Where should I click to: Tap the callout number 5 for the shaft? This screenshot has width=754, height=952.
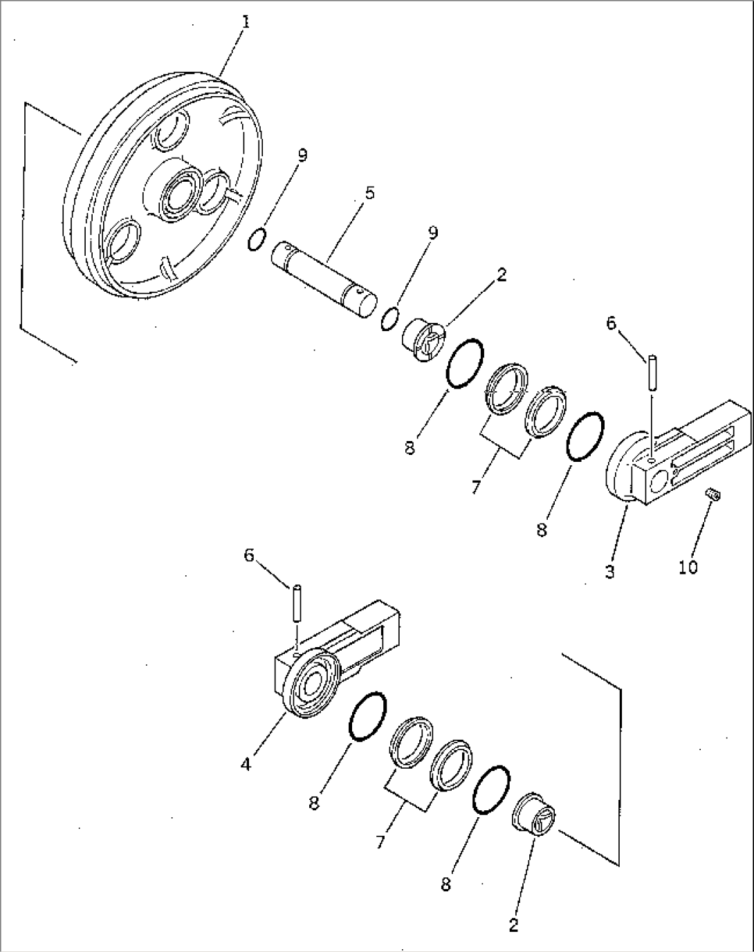point(369,193)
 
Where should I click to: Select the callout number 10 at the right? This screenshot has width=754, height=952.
point(688,567)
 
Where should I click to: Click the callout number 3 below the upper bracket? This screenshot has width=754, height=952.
point(609,572)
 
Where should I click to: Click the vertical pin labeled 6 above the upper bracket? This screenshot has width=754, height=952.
point(652,371)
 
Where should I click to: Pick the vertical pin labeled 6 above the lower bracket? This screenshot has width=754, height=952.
point(295,604)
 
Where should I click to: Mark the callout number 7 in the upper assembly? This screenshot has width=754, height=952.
point(475,487)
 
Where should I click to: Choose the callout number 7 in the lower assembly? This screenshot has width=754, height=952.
point(380,841)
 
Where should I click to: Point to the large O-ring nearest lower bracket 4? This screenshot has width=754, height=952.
point(367,716)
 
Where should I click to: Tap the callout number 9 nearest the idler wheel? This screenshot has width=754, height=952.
point(302,156)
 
